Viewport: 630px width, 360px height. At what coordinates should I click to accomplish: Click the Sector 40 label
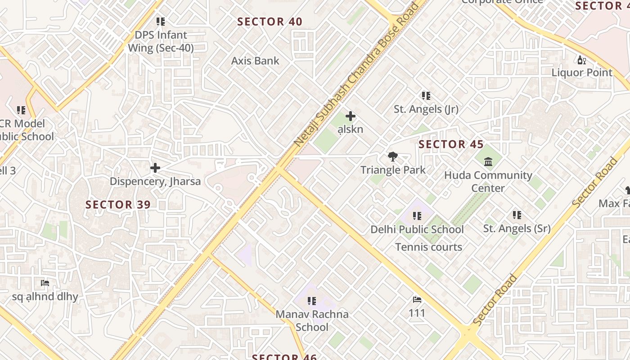[x=270, y=22]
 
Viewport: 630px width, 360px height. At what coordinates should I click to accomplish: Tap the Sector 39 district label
[x=118, y=205]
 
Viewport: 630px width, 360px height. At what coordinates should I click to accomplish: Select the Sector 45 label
[x=451, y=144]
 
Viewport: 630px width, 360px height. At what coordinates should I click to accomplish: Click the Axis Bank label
[x=255, y=61]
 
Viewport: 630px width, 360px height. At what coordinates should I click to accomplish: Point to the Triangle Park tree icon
[x=393, y=157]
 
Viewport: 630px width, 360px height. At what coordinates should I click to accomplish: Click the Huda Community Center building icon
[x=488, y=162]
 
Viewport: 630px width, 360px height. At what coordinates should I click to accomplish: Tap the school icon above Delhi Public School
[x=417, y=216]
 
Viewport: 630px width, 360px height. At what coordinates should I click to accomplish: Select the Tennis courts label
[x=428, y=247]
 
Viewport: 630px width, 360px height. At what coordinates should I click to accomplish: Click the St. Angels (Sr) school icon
[x=517, y=215]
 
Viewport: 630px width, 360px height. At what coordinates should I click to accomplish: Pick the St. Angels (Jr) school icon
[x=426, y=96]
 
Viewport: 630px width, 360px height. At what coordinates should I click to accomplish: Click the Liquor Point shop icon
[x=582, y=60]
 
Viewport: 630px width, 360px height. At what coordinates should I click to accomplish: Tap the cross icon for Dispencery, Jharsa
[x=155, y=168]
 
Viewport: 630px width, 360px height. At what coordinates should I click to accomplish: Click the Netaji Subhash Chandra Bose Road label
[x=355, y=74]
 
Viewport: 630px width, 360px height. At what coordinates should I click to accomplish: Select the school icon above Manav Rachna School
[x=312, y=301]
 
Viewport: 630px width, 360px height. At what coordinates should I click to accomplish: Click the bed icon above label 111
[x=417, y=300]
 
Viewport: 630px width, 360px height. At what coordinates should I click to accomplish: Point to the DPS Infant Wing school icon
[x=161, y=22]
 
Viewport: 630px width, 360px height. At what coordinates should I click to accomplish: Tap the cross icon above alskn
[x=350, y=116]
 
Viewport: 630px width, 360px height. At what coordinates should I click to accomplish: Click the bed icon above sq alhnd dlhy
[x=45, y=283]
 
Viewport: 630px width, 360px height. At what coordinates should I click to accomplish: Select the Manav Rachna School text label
[x=312, y=320]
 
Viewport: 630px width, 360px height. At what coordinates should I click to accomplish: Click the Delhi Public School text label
[x=417, y=229]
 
